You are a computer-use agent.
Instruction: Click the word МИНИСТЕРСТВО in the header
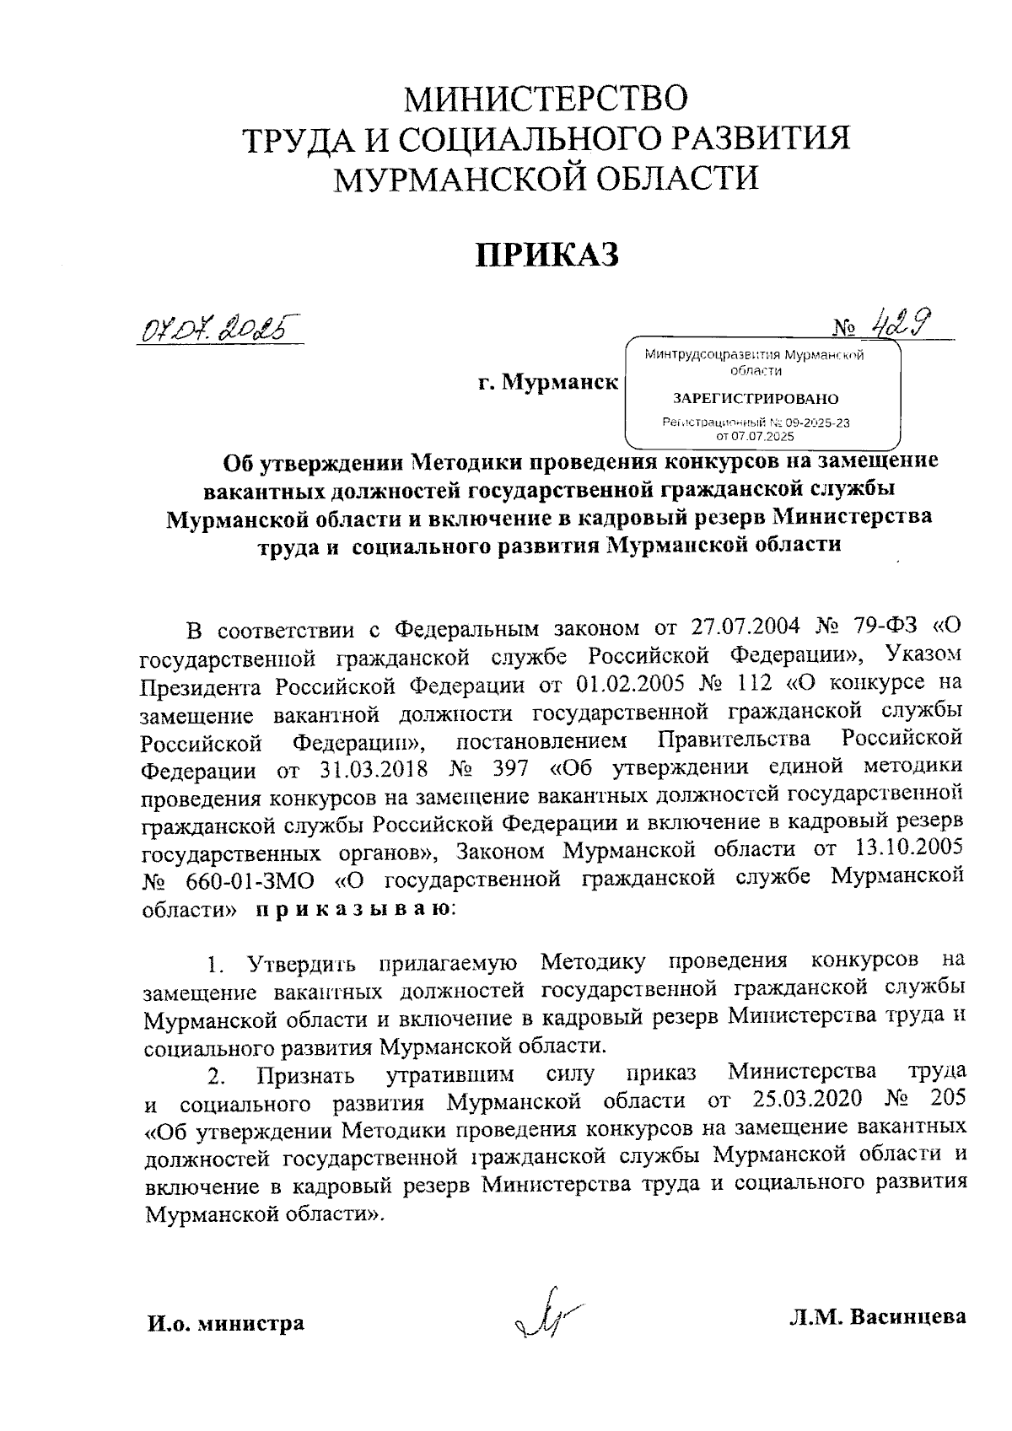[x=546, y=99]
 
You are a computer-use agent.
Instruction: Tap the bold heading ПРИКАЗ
[x=546, y=254]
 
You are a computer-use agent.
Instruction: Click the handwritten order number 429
[x=901, y=320]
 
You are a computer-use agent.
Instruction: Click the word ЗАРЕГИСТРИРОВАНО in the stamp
[x=755, y=398]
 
